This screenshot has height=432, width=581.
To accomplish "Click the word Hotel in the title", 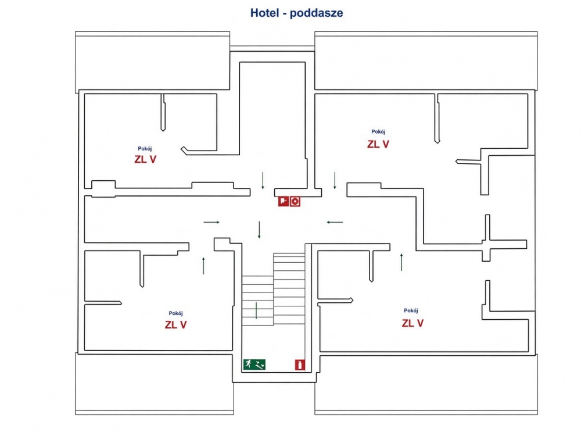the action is (x=264, y=13).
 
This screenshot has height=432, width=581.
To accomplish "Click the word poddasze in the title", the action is (x=317, y=13).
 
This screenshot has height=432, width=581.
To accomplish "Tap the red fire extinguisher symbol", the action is (x=300, y=365).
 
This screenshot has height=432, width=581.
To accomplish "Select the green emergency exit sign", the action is (x=254, y=365).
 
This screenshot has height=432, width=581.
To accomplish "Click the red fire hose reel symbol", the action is (x=295, y=201).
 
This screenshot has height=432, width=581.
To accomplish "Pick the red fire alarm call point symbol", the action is (x=284, y=201).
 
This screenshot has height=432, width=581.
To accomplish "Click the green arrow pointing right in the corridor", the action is (x=211, y=222).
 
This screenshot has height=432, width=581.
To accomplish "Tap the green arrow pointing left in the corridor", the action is (x=335, y=222).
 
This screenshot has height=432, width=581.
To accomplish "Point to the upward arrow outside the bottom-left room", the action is (x=203, y=266).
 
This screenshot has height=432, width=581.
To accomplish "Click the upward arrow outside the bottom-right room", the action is (x=401, y=262).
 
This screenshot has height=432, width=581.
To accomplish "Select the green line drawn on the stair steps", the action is (x=256, y=310).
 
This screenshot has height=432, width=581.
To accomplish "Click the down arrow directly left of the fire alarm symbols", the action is (x=263, y=181).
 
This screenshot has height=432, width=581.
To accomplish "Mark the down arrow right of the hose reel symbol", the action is (x=335, y=181).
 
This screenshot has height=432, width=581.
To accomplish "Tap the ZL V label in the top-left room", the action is (x=145, y=159).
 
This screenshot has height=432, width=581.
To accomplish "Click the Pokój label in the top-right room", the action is (x=378, y=131).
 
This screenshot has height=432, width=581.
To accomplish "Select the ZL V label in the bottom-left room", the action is (x=175, y=325).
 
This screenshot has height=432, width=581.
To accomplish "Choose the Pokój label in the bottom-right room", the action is (x=411, y=310).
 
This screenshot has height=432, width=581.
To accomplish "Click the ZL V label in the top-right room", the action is (x=378, y=144).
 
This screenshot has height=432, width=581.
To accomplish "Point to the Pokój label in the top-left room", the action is (x=145, y=149).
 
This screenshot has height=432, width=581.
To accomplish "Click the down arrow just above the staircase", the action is (x=259, y=230).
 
